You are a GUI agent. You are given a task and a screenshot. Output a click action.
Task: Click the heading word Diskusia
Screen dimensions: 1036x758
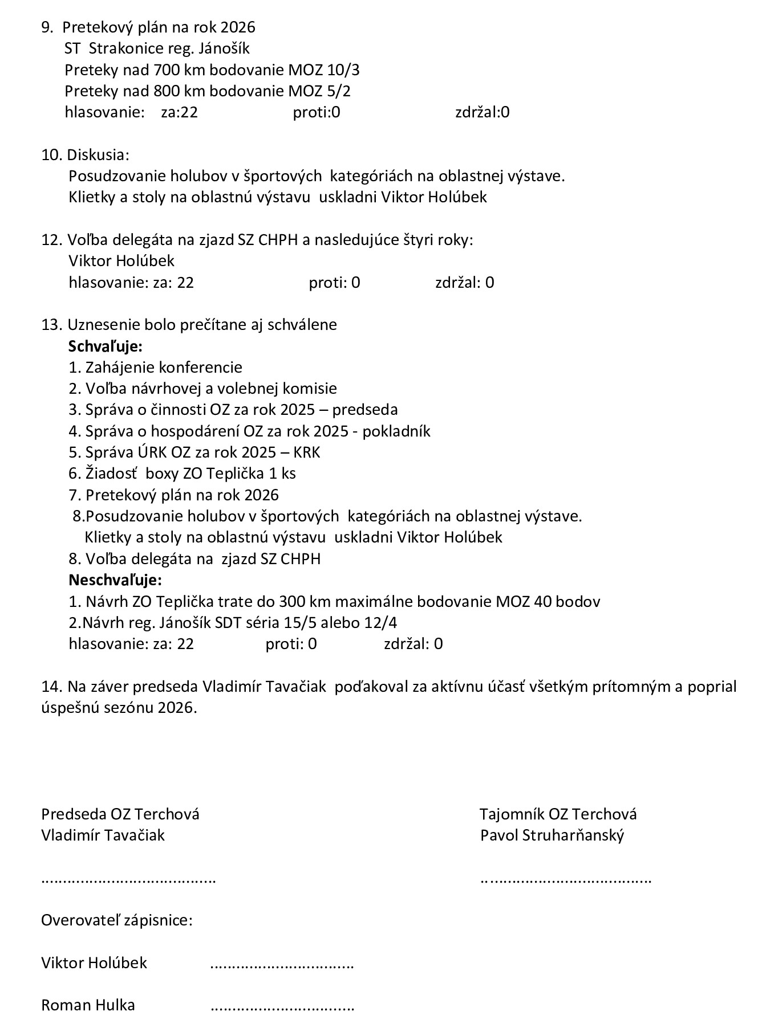(98, 154)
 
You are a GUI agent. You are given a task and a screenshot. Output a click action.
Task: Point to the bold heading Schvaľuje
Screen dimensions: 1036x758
(105, 346)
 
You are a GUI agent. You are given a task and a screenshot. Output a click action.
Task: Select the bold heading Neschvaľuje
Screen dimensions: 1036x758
(115, 580)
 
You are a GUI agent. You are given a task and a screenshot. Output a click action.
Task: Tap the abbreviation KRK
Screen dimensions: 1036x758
(307, 452)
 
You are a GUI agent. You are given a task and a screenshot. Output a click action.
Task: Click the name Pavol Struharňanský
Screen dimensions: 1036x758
(552, 835)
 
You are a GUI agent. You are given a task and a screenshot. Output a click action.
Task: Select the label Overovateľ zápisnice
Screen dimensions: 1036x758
(116, 920)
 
